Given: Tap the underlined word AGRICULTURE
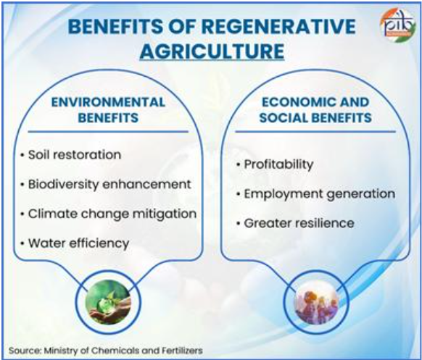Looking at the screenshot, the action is pos(212,51).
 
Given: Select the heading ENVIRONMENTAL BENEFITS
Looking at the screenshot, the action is pos(108,110).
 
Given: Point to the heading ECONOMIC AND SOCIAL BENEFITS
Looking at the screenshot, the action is pos(315,110).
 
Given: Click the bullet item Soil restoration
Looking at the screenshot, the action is pos(71,155).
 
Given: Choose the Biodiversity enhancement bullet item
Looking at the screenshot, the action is pos(106,185).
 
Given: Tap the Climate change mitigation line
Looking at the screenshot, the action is pos(109,214).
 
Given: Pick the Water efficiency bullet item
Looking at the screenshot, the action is pos(75,243).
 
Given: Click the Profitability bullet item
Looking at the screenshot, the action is pos(275,165).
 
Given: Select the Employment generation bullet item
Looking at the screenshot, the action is pos(315,194).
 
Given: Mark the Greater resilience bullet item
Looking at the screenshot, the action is pos(295,223).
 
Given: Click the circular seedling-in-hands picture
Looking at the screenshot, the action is pos(108,302).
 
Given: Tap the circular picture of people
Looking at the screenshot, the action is pos(316,302).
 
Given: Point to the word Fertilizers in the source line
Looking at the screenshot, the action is pos(182,351).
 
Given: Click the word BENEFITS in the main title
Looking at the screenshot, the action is pos(115,27).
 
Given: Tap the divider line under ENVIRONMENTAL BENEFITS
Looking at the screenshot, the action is pos(108,132).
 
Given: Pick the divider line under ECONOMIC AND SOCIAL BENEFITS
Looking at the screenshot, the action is pos(315,132).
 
